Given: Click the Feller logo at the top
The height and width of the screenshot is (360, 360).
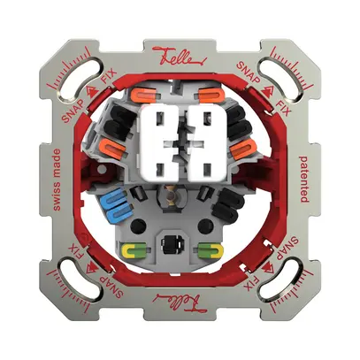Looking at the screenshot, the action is [180, 57].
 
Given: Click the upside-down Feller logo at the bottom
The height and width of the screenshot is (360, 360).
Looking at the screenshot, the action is [180, 303].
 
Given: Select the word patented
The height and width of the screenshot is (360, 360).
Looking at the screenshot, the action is [304, 180].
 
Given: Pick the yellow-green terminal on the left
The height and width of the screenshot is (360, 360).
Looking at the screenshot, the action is [134, 249].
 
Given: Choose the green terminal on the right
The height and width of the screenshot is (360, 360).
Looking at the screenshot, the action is [211, 249].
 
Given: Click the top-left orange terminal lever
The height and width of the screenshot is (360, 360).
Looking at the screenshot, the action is [144, 95].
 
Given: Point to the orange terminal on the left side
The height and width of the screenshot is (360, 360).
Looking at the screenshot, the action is [112, 147].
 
